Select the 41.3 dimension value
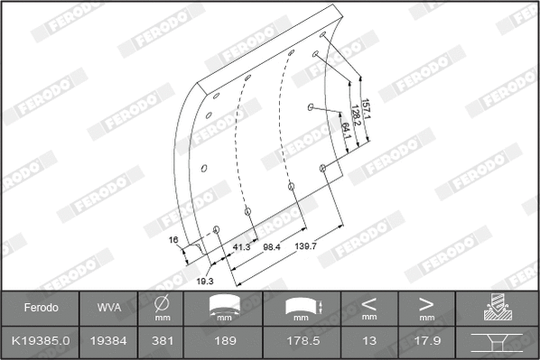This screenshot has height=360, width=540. [242, 246]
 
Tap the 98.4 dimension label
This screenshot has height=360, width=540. [271, 246]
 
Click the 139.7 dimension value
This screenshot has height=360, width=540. [305, 246]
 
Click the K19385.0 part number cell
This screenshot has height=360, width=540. [40, 341]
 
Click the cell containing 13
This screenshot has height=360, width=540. [368, 341]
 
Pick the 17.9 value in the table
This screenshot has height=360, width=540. [426, 341]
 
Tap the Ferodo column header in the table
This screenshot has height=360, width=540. [40, 308]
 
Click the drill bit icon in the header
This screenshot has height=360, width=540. [498, 308]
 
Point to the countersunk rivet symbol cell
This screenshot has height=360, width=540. [498, 341]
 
